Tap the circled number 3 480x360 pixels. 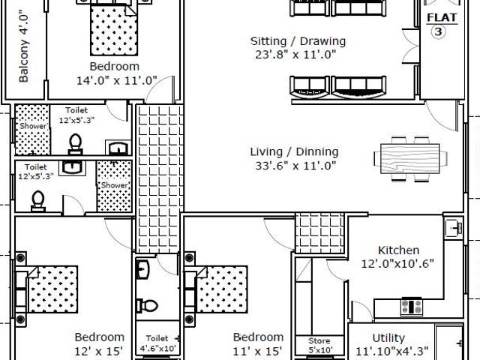pyautogui.click(x=438, y=31)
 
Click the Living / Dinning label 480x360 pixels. pyautogui.click(x=293, y=151)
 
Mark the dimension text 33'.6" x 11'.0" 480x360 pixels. pyautogui.click(x=293, y=166)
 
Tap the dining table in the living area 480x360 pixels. pyautogui.click(x=403, y=157)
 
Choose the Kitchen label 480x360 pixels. pyautogui.click(x=398, y=250)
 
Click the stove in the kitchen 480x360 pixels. pyautogui.click(x=410, y=306)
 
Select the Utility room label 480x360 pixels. pyautogui.click(x=388, y=338)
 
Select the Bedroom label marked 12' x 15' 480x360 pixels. pyautogui.click(x=98, y=337)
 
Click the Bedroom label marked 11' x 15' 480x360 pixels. pyautogui.click(x=257, y=337)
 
